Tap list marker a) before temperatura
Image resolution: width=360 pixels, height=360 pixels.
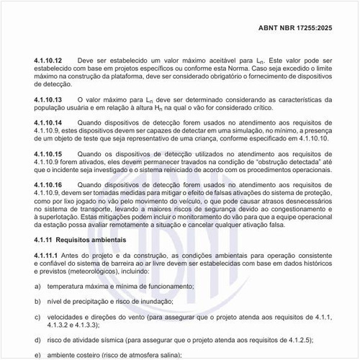pos(37,287)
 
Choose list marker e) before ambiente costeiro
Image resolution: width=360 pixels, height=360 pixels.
pos(37,355)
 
